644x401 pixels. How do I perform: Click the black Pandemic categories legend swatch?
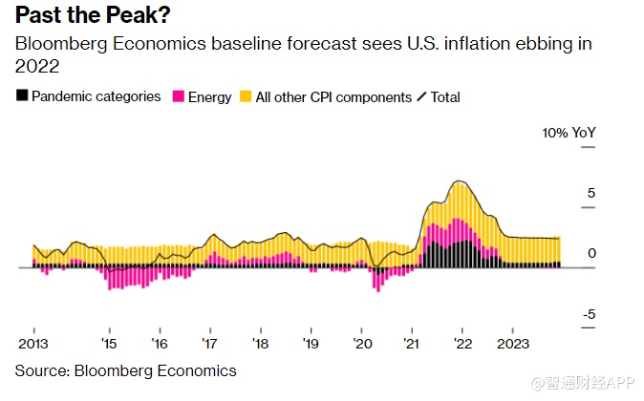(x=22, y=96)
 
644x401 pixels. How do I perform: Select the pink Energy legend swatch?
(x=178, y=96)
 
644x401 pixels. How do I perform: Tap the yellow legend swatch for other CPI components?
(x=246, y=96)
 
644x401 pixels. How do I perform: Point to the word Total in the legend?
(x=445, y=96)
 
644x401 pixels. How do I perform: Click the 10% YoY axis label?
(x=569, y=132)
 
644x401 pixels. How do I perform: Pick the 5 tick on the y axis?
(x=591, y=193)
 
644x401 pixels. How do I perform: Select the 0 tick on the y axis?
(x=591, y=253)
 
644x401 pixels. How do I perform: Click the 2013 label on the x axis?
(x=33, y=344)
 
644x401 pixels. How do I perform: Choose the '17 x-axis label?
(x=209, y=344)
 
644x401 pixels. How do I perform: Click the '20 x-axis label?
(x=361, y=344)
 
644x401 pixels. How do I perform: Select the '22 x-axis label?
(x=462, y=344)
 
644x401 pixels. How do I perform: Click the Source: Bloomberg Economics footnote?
(x=125, y=369)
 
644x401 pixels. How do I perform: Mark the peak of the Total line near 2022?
(x=461, y=180)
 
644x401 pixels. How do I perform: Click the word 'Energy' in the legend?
(x=210, y=96)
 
